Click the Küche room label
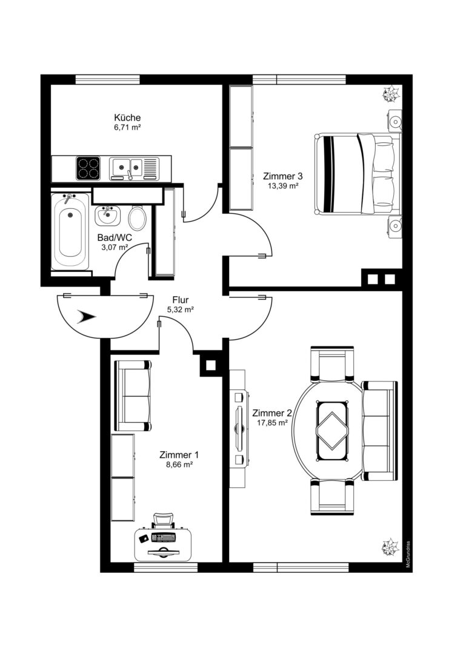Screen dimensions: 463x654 127,117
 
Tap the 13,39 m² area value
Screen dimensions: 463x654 282,186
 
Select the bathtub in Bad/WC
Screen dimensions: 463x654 70,231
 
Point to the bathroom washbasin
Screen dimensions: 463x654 108,215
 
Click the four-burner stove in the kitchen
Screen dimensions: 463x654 88,168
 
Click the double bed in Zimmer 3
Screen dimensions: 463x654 358,174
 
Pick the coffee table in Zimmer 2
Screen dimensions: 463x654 332,431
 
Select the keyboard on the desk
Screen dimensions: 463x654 164,538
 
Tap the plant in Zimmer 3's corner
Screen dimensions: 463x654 391,94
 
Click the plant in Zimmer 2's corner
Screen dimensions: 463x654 390,547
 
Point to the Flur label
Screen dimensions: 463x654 181,300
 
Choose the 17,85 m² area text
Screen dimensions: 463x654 271,423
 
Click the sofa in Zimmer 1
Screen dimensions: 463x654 133,396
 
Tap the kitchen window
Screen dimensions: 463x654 107,79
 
